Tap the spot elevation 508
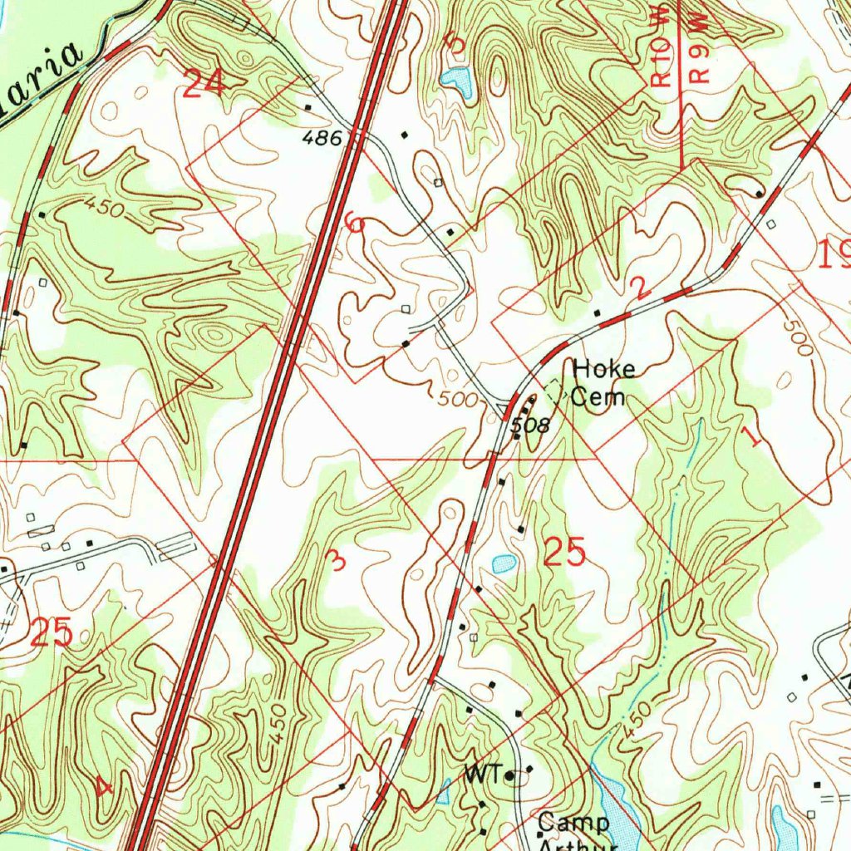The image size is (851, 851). [530, 426]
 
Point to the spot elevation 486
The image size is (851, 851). [322, 138]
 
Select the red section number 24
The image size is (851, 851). [204, 84]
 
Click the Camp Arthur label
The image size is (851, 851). [573, 831]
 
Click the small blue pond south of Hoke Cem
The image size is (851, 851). [504, 563]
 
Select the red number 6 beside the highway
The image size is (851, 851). [355, 223]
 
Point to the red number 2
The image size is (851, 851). [640, 288]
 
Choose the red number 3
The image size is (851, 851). [337, 560]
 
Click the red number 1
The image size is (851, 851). [753, 436]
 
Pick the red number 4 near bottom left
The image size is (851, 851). [103, 785]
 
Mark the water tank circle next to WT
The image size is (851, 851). [510, 776]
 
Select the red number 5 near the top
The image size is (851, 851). [454, 42]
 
